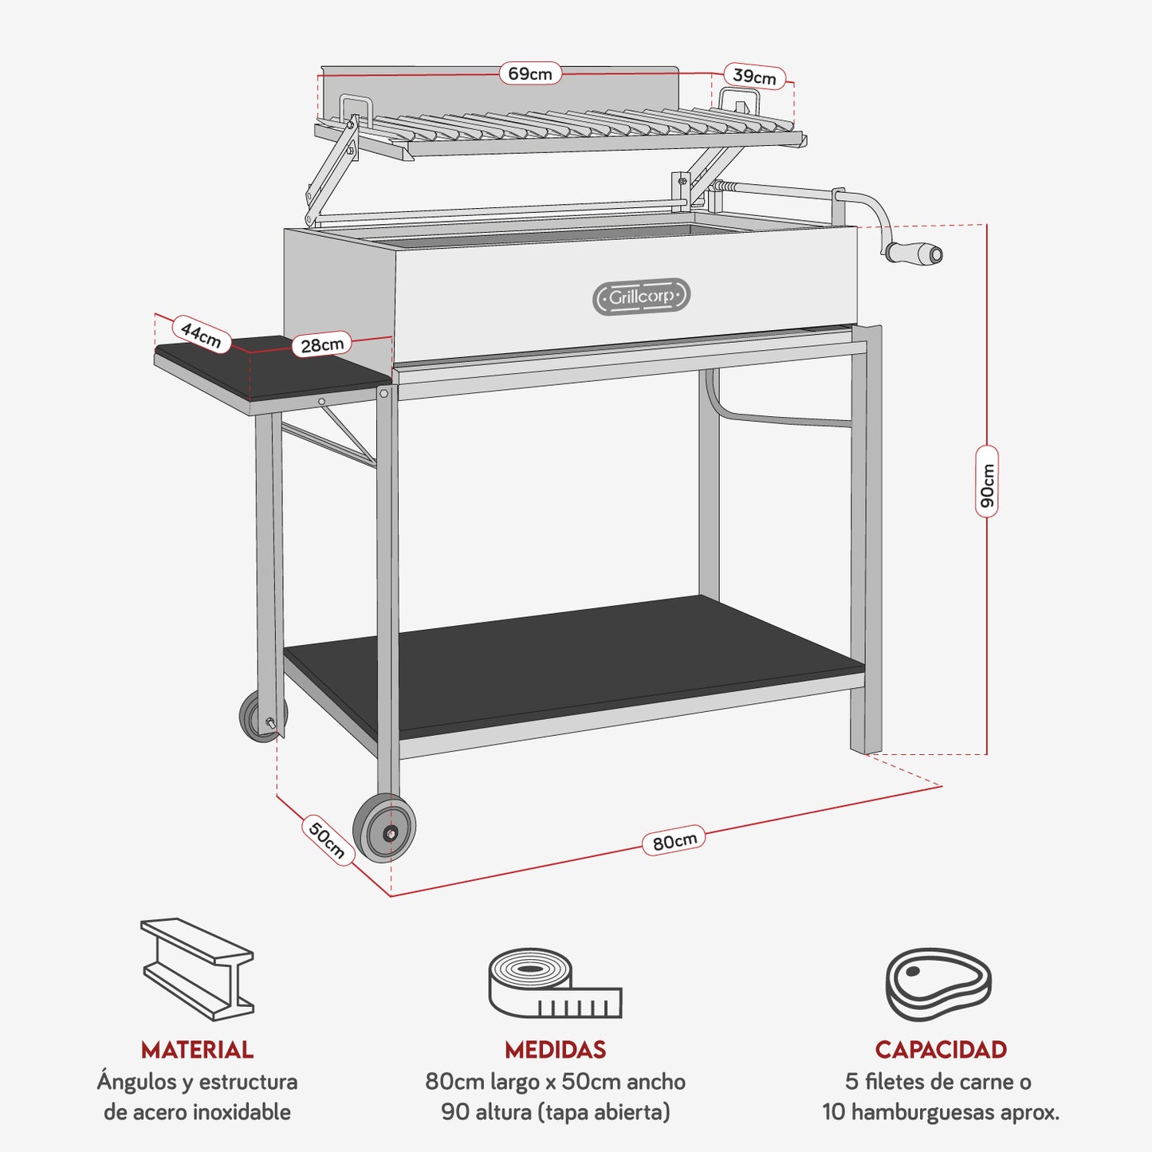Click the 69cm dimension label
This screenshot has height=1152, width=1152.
tap(530, 74)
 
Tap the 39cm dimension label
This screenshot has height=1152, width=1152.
tap(754, 77)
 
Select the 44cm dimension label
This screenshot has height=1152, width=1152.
tap(201, 333)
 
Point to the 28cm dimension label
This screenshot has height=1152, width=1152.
tap(322, 344)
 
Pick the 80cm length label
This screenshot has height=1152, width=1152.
tap(674, 840)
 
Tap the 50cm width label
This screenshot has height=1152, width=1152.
tap(327, 839)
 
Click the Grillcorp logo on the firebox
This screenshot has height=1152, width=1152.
tap(642, 297)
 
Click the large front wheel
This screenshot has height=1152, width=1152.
tap(385, 829)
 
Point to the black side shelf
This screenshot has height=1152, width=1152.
tap(263, 370)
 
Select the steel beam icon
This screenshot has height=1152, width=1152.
tap(197, 968)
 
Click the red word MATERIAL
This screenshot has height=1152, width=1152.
tap(197, 1050)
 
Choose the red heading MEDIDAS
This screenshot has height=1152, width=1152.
tap(555, 1050)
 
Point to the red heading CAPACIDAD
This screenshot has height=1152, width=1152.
tap(941, 1050)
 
